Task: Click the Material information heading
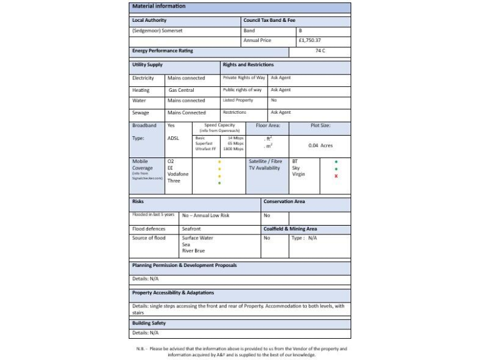coord(159,6)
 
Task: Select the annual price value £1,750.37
coord(309,41)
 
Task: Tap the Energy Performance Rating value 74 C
coord(320,51)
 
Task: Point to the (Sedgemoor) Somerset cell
coord(157,31)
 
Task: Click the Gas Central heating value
coord(181,90)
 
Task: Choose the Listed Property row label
coord(238,100)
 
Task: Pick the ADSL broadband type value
coord(173,138)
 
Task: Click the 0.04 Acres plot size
coord(321,145)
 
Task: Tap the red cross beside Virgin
coord(336,176)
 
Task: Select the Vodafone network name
coord(178,174)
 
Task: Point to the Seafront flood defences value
coord(192,229)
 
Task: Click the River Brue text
coord(193,251)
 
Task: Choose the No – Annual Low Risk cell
coord(206,216)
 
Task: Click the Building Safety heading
coord(149,323)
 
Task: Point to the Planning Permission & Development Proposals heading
coord(184,266)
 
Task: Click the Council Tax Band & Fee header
coord(269,21)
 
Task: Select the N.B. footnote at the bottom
coord(241,352)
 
